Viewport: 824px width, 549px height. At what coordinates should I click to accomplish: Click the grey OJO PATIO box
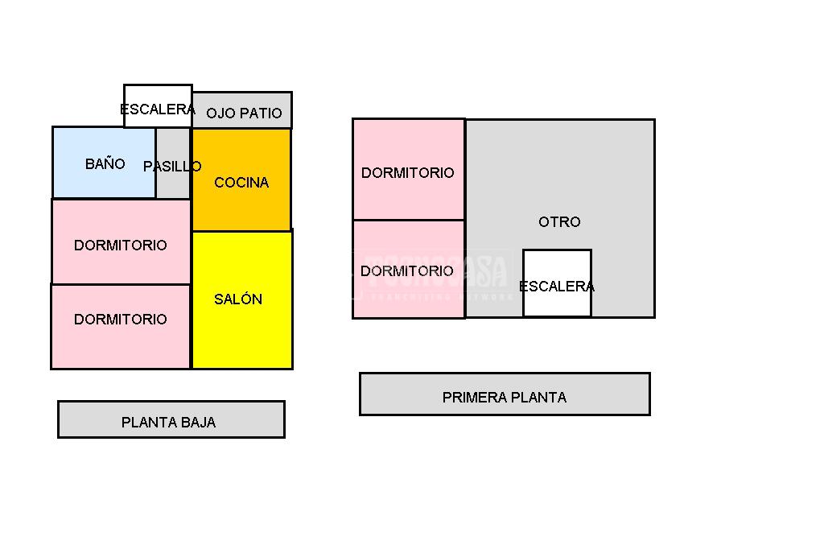[x=242, y=111]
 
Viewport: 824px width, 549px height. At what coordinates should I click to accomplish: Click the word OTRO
[x=559, y=222]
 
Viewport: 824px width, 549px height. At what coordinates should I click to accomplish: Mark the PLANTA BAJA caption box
[x=171, y=419]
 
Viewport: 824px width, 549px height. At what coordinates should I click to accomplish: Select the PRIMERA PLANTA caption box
[x=505, y=394]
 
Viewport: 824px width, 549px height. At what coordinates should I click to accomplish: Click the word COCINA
[x=241, y=183]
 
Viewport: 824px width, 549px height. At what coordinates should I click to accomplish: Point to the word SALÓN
[x=238, y=299]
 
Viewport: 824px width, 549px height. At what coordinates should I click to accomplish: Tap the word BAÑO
[x=105, y=164]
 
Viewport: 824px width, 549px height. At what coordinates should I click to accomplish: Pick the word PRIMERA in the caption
[x=470, y=398]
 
